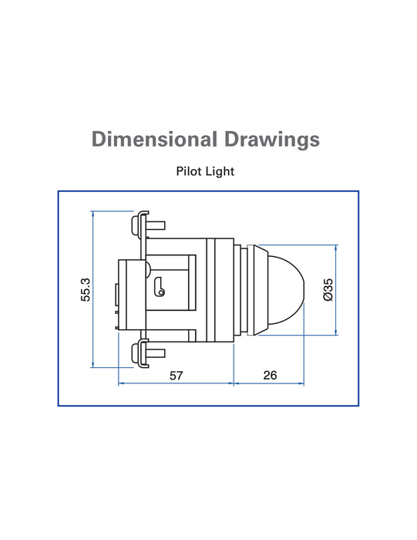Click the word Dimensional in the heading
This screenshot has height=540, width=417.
click(154, 139)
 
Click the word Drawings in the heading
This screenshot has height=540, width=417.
click(272, 140)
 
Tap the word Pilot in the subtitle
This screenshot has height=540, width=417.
click(188, 171)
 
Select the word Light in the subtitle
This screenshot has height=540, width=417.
click(220, 171)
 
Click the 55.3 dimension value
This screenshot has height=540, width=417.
click(86, 289)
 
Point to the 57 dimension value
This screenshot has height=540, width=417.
click(177, 376)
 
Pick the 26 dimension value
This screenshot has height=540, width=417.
click(270, 375)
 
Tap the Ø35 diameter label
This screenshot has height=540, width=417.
click(328, 289)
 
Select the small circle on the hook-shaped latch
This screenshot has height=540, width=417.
click(160, 292)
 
